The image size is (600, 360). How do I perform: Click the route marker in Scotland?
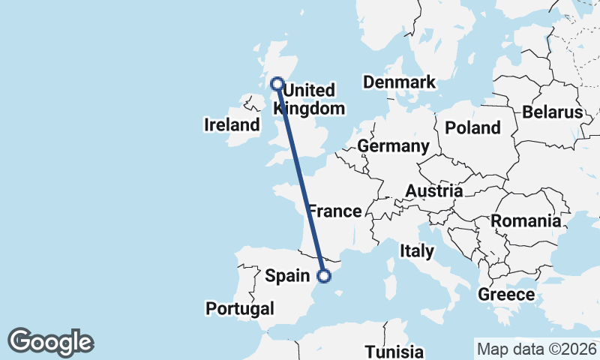coord(277,84)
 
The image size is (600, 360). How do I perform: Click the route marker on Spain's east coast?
coord(324,276)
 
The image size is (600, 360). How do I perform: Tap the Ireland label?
coord(232,125)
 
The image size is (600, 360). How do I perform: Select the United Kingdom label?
coord(310,99)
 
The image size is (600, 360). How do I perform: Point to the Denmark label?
coord(399,82)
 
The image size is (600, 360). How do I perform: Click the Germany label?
coord(393,145)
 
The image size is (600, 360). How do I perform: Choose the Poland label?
coord(472,127)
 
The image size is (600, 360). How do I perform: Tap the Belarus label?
coord(553,112)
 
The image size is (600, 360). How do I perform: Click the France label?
coord(335,211)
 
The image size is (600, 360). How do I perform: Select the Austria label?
coord(434,191)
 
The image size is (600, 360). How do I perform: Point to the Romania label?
coord(526,221)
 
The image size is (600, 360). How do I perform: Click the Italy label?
coord(417,250)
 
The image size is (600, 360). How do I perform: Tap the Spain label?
coord(289,276)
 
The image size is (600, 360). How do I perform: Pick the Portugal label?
coord(240,308)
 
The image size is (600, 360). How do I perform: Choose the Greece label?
coord(506,294)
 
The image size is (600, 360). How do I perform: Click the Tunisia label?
coord(394,352)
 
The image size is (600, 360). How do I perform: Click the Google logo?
coord(50,342)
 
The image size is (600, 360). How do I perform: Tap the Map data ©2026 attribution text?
coord(535,349)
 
